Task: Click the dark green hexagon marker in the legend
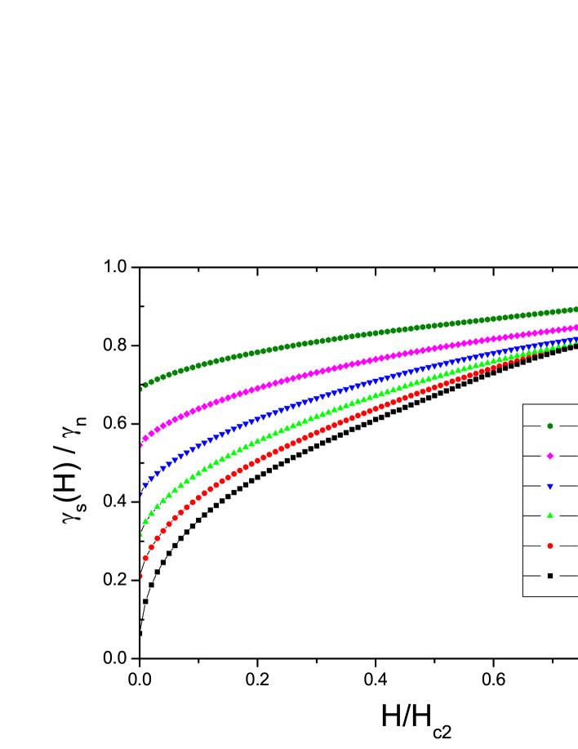point(549,426)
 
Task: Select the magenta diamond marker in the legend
point(549,456)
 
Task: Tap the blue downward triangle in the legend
point(549,486)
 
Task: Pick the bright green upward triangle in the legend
point(549,515)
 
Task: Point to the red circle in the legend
point(549,546)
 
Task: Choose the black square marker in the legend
point(549,576)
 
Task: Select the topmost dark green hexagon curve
point(327,340)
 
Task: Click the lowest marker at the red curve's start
point(140,576)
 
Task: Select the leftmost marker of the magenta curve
point(141,445)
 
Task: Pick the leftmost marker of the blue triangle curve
point(141,493)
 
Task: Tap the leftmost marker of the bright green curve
point(141,535)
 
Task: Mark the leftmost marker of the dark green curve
point(141,389)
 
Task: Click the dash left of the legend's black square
point(531,576)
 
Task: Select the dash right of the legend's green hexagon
point(568,426)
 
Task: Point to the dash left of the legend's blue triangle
point(531,486)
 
